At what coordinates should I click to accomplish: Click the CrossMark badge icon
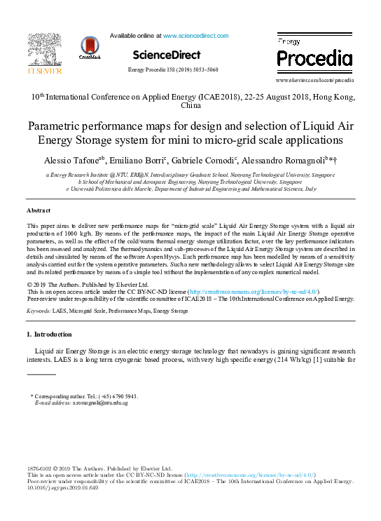tap(90, 49)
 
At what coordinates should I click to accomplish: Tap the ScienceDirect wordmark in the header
tap(166, 55)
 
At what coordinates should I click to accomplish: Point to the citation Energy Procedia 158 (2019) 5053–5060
tap(172, 70)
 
